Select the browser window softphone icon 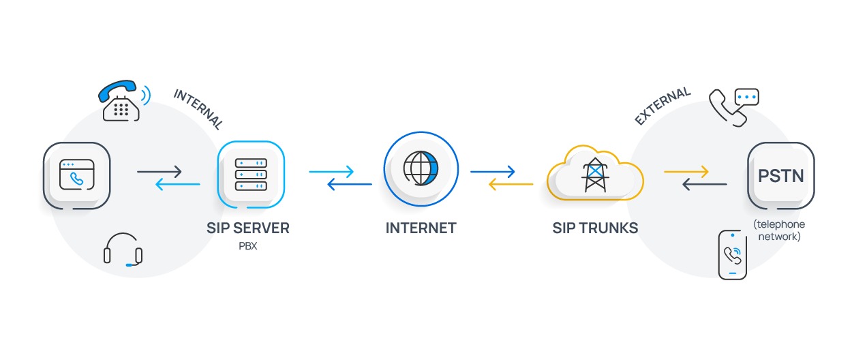click(x=76, y=175)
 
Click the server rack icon click(x=251, y=175)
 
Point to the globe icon click(x=421, y=168)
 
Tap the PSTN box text click(x=781, y=175)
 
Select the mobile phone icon click(x=733, y=254)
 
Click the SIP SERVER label click(x=248, y=228)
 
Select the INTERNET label click(x=421, y=228)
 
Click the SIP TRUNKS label click(x=595, y=228)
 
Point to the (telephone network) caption click(x=779, y=230)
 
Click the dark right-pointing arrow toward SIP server click(x=159, y=172)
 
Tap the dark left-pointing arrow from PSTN click(x=705, y=184)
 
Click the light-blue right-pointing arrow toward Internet click(x=332, y=172)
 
